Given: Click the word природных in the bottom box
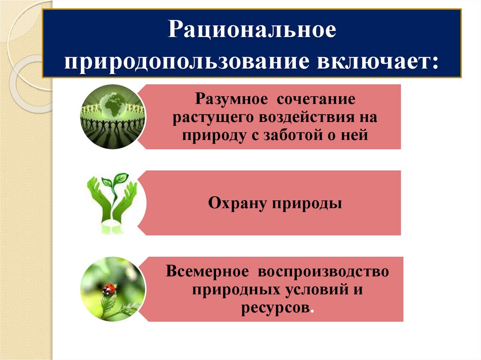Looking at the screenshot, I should tap(232, 289).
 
